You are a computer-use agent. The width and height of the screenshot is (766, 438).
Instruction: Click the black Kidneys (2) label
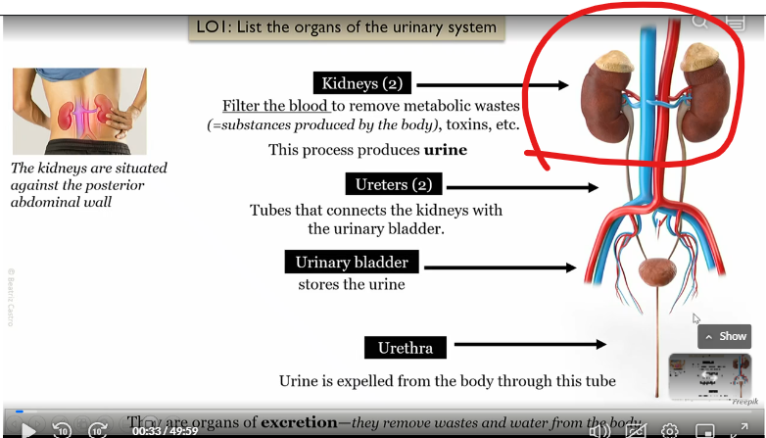point(362,84)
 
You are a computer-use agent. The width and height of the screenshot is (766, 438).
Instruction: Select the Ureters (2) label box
point(394,184)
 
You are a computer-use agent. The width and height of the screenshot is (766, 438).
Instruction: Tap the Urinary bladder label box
point(352,263)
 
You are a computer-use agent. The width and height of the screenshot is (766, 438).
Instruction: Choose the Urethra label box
point(405,347)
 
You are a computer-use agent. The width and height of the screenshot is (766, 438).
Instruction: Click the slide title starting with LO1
point(346,26)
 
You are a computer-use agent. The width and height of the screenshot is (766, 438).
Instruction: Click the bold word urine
point(445,150)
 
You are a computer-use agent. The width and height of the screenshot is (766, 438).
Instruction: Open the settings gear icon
point(670,430)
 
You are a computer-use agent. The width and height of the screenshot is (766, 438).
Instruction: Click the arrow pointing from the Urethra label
point(530,344)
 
